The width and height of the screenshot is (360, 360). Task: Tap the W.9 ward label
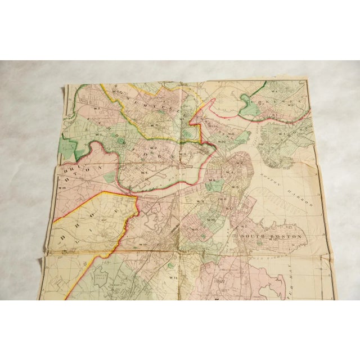coord(198,201)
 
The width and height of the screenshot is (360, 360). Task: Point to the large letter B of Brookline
coord(60,241)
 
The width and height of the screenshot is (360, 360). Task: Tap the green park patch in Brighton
coord(110,178)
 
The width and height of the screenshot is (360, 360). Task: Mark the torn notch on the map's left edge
coord(40,259)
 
